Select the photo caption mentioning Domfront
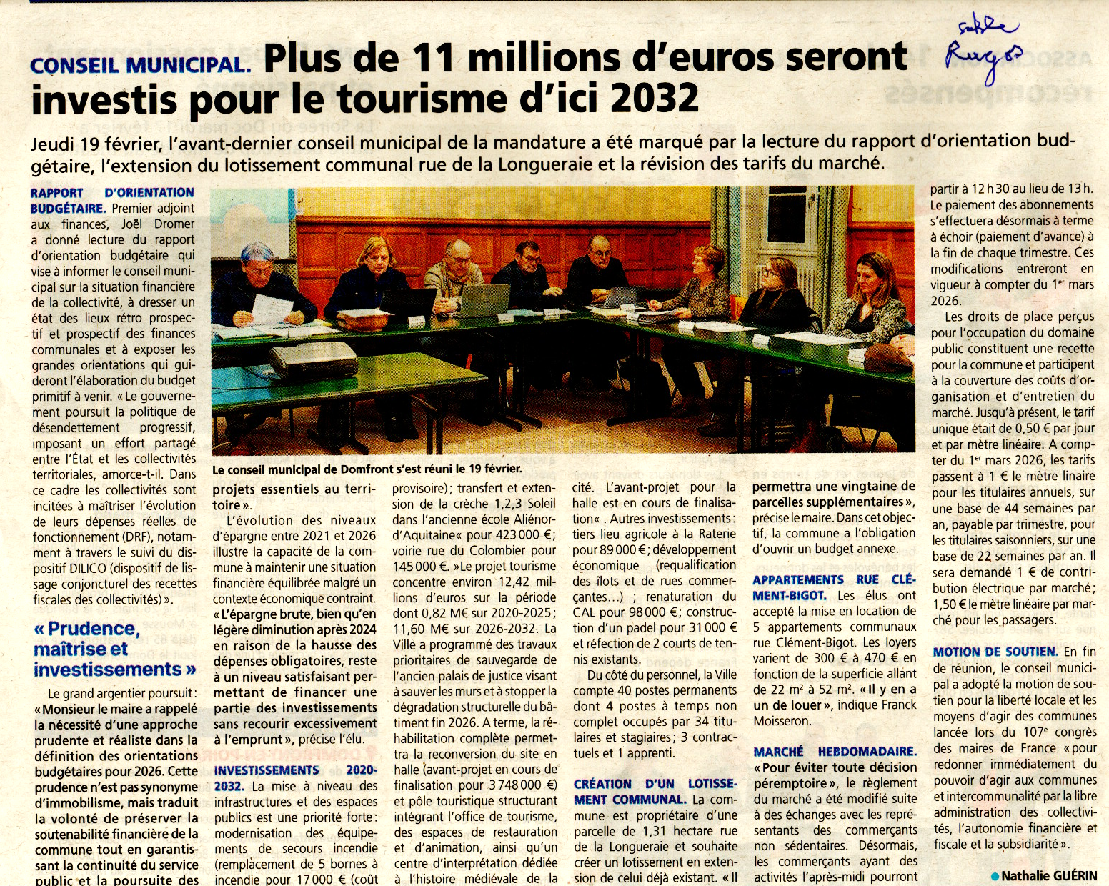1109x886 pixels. coord(367,469)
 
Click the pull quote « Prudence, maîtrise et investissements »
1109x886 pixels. coord(114,649)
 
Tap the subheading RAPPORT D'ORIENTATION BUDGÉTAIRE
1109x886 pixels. coord(112,200)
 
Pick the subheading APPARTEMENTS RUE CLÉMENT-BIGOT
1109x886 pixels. coord(833,587)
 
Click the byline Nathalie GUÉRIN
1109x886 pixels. coord(1048,875)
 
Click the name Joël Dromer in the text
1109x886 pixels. coord(158,224)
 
